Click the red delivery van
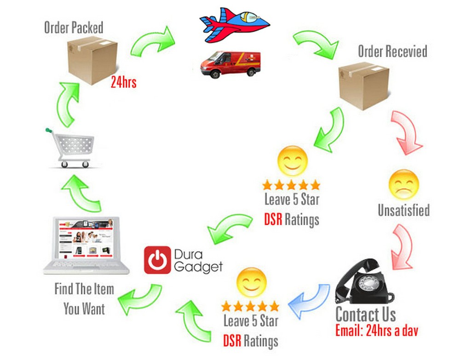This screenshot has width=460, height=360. pos(230,64)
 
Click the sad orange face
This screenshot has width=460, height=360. pos(403,184)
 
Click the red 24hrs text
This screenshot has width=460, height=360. pos(123,83)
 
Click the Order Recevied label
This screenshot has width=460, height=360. pos(392,51)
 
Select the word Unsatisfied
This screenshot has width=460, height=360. pos(403,211)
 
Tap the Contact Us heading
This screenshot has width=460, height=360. pos(365,315)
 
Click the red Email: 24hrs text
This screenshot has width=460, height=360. pos(376,331)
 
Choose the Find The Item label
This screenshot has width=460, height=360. pos(84,289)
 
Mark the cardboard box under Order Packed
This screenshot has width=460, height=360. pos(92,60)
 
